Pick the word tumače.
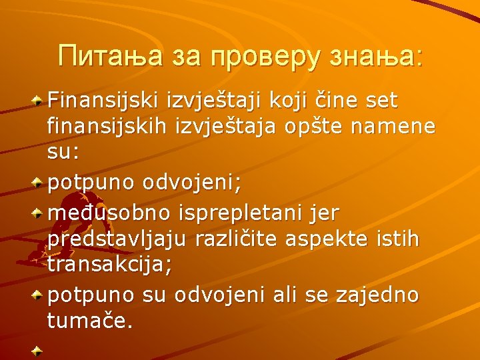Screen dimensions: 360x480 (x=91, y=321)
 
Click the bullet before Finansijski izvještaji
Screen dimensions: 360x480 (x=39, y=101)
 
